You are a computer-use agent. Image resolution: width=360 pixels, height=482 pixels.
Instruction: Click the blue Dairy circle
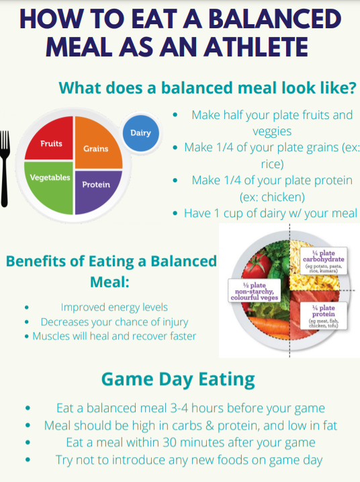(x=140, y=133)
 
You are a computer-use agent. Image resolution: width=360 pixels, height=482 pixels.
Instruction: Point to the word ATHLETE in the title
(x=256, y=47)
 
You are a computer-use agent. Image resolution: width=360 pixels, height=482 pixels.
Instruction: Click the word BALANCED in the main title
(x=275, y=19)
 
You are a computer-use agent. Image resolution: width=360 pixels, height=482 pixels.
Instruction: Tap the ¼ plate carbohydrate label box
(x=324, y=261)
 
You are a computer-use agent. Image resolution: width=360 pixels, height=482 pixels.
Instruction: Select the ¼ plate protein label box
(x=324, y=316)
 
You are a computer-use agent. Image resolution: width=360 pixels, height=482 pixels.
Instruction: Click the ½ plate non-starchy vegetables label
(x=255, y=290)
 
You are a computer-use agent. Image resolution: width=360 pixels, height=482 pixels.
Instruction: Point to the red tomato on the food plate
(x=256, y=265)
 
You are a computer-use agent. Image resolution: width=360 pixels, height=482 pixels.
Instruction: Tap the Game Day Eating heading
(x=178, y=380)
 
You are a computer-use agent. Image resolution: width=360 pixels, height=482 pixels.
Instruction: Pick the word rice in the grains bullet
(x=271, y=164)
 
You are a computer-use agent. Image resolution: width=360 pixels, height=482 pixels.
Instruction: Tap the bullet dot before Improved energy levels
(x=27, y=307)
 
